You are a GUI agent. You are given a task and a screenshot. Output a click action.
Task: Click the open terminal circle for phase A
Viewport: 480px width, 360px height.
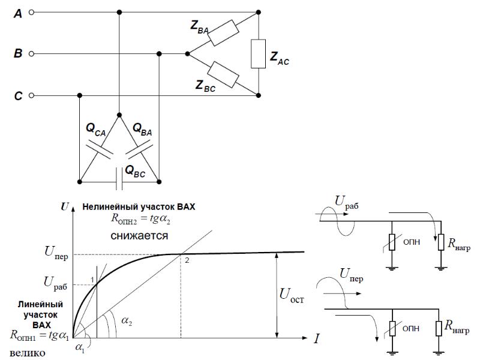pyautogui.click(x=31, y=12)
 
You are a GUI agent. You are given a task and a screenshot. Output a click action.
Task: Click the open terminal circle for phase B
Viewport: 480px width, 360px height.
pyautogui.click(x=31, y=54)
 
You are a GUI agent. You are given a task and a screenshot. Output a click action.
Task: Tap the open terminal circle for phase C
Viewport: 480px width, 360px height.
pyautogui.click(x=31, y=95)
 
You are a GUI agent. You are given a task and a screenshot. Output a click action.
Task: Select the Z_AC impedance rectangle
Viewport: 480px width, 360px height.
pyautogui.click(x=259, y=53)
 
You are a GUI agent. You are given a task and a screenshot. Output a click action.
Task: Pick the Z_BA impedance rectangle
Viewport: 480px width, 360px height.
pyautogui.click(x=223, y=33)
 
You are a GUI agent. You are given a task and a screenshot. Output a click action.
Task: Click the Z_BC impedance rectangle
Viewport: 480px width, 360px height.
pyautogui.click(x=223, y=74)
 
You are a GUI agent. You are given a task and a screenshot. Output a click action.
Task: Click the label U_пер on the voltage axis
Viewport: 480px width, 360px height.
pyautogui.click(x=56, y=253)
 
